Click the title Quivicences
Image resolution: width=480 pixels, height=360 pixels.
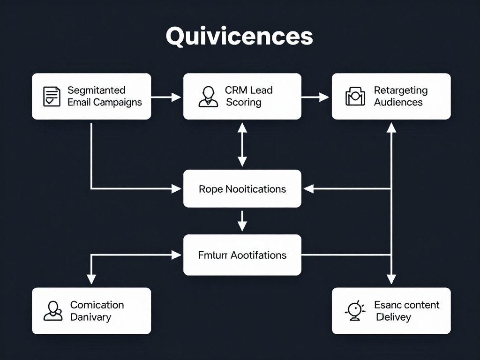coord(239,37)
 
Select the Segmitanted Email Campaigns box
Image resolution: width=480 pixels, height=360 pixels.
coord(91,96)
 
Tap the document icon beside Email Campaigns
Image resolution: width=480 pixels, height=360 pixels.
coord(52,96)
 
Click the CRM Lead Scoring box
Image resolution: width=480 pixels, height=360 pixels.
coord(242,96)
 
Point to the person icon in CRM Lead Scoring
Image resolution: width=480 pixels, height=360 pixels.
coord(208,96)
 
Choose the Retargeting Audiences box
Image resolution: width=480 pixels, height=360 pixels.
coord(391,96)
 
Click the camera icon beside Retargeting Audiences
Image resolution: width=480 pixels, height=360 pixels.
coord(355,96)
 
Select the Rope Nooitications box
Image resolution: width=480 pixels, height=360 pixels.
coord(242,188)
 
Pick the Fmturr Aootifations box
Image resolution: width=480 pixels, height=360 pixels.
coord(242,255)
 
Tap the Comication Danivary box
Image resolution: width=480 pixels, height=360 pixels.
coord(91,311)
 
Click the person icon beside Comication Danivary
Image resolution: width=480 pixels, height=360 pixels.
coord(53,311)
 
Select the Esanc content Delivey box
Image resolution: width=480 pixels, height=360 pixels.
coord(391,311)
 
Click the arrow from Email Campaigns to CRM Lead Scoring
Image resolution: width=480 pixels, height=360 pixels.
coord(166,97)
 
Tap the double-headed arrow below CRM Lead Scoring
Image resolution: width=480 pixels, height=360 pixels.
coord(242,144)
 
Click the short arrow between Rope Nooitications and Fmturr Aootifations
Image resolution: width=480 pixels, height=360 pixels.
coord(242,221)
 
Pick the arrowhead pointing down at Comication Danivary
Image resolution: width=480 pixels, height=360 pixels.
coord(91,279)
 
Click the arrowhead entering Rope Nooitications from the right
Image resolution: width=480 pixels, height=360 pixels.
coord(309,189)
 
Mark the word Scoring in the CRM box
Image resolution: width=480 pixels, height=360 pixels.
coord(243,102)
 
